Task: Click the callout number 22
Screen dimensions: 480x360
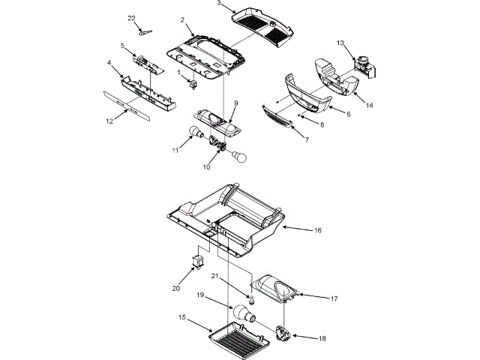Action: (x=132, y=17)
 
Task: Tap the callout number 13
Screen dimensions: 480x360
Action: (x=340, y=43)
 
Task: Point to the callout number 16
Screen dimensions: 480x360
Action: (x=317, y=230)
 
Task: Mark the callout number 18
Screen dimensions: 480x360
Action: (x=322, y=338)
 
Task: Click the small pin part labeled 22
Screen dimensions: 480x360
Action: (x=145, y=31)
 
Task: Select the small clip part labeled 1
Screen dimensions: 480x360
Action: (x=192, y=82)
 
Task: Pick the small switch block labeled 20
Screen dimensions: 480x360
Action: (x=198, y=260)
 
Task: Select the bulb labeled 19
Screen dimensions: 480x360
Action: (x=242, y=313)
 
